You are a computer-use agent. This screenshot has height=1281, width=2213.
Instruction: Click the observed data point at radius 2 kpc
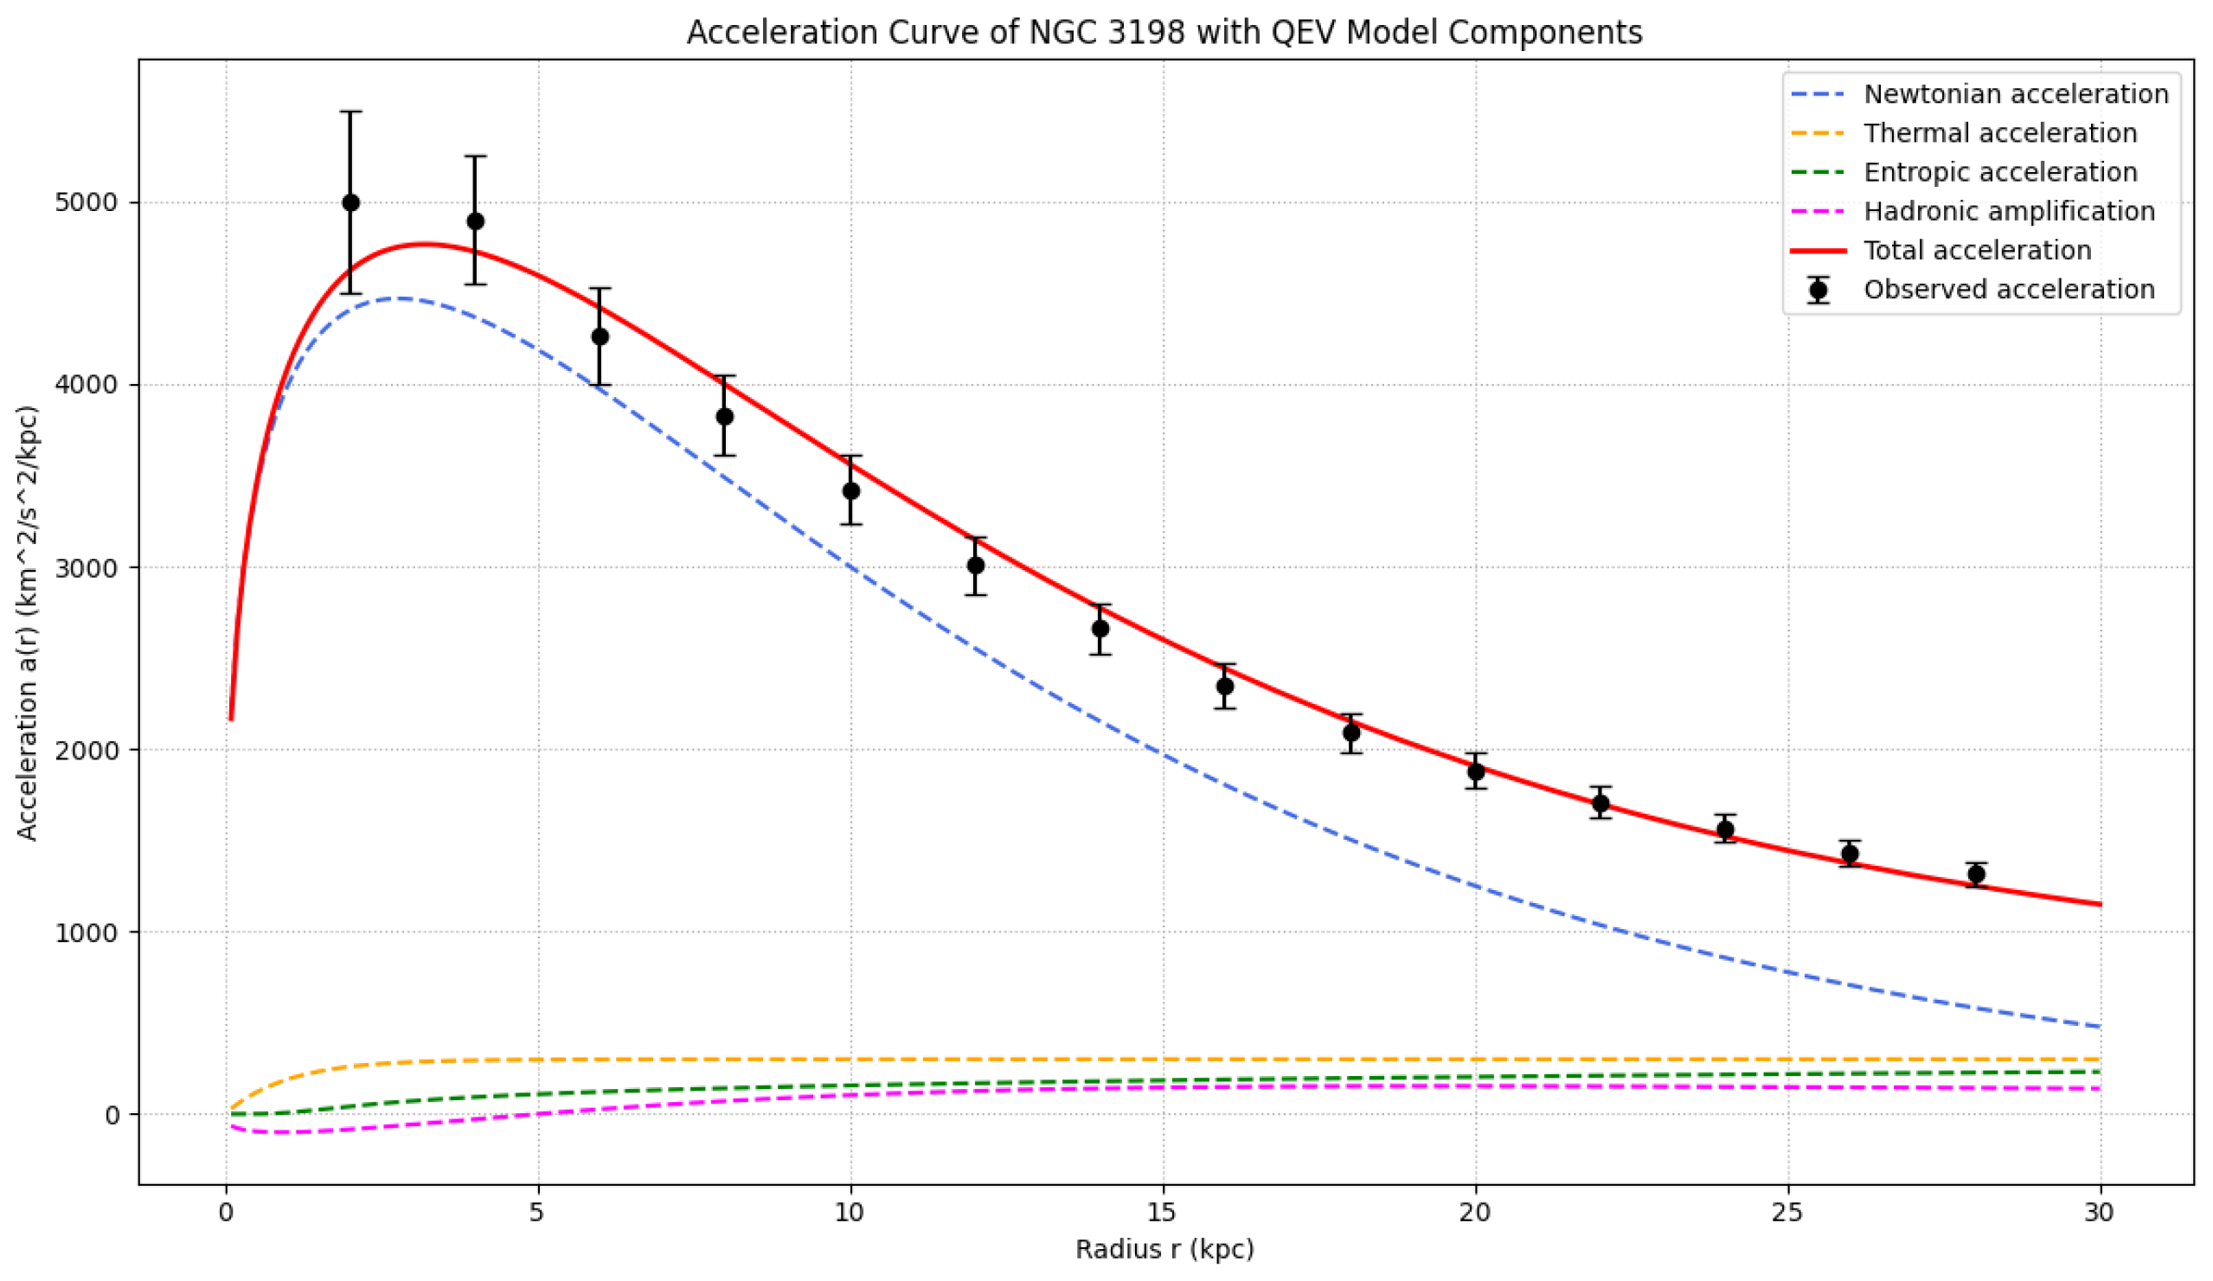point(350,202)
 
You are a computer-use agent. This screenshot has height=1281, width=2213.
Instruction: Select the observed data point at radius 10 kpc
point(851,490)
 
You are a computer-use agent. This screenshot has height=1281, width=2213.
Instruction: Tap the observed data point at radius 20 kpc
point(1476,772)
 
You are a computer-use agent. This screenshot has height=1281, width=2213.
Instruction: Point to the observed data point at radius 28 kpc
point(1976,874)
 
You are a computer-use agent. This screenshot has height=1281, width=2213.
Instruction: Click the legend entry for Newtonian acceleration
point(2017,94)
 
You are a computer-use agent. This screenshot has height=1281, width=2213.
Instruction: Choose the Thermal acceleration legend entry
point(2000,133)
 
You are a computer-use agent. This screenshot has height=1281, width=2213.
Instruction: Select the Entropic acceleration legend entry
point(2000,172)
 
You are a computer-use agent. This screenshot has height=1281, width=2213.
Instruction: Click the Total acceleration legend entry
point(1978,250)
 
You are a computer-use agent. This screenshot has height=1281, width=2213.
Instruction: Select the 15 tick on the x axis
point(1164,1213)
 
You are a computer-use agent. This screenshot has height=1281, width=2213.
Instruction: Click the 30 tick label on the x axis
point(2101,1213)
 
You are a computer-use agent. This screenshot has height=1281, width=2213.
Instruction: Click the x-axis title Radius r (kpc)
point(1164,1249)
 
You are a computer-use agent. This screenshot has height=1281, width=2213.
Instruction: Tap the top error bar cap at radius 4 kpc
point(475,157)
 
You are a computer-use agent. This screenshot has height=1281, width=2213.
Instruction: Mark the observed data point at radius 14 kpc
point(1100,629)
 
